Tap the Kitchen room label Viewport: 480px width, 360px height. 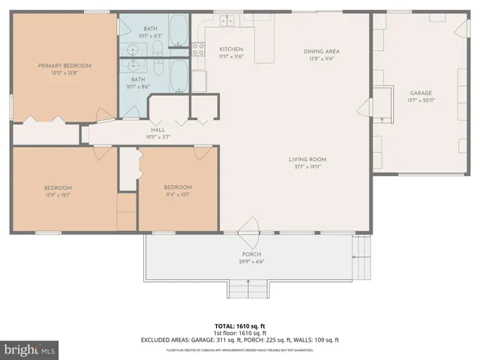point(232,49)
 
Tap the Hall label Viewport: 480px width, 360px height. point(158,130)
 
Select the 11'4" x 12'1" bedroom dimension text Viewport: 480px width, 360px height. point(178,195)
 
